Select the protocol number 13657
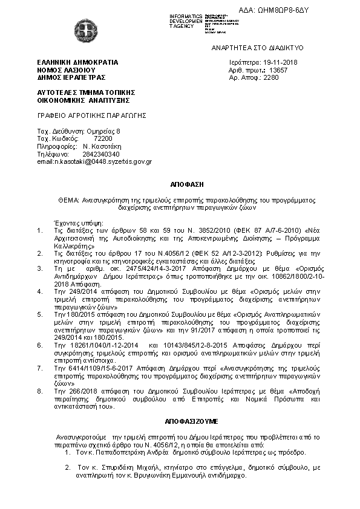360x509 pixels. coord(279,70)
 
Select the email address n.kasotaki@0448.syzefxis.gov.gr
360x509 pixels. coord(94,162)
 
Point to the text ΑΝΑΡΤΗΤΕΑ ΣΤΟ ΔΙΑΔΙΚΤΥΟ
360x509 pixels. coord(257,47)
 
